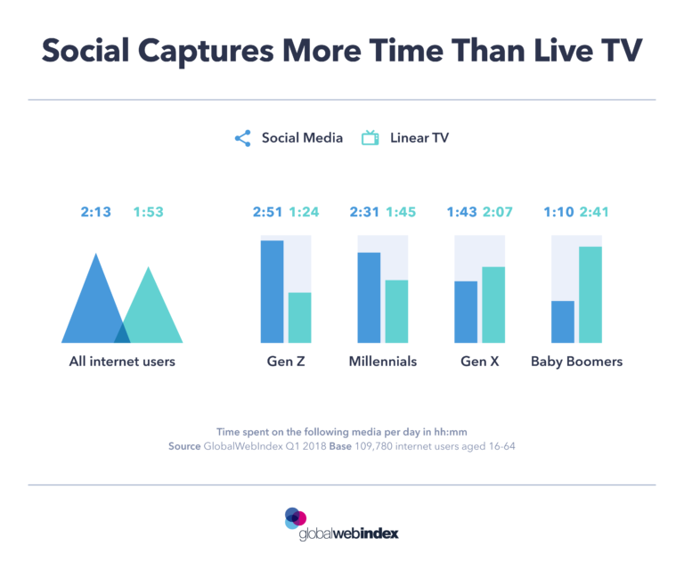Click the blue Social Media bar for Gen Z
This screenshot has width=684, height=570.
[272, 291]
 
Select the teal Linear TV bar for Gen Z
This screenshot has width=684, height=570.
[300, 317]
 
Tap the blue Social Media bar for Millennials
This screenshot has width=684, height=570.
[369, 297]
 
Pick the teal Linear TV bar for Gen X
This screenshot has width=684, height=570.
[493, 305]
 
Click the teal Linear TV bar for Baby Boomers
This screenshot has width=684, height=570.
[590, 294]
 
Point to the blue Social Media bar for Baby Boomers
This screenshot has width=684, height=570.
[562, 322]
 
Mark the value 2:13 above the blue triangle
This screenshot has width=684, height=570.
[96, 212]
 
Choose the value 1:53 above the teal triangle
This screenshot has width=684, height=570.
[149, 212]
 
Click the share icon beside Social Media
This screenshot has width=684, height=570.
[242, 139]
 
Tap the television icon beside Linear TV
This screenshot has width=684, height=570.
[370, 138]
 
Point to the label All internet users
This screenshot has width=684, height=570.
[122, 362]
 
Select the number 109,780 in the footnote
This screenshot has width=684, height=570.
[389, 445]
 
